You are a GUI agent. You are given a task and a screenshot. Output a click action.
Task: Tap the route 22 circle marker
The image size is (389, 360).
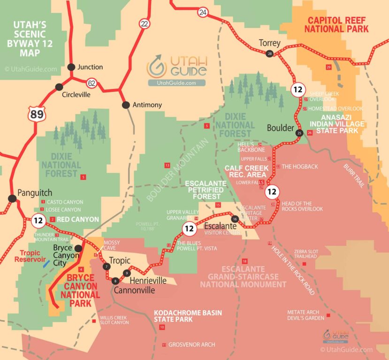tap(144, 23)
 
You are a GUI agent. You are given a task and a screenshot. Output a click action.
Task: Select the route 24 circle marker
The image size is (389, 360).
tap(202, 12)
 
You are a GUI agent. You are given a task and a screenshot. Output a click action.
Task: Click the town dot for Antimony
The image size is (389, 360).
tap(126, 105)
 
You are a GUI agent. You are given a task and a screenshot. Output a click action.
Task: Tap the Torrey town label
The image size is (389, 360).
tap(269, 43)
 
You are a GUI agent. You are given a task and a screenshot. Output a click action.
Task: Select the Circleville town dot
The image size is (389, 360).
tap(59, 87)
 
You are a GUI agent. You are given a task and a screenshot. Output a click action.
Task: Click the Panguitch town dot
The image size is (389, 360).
tap(12, 198)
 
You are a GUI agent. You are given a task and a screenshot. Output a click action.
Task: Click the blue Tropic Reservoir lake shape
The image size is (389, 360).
tap(45, 264)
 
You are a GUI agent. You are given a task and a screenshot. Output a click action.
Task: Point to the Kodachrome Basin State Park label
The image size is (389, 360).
tap(188, 316)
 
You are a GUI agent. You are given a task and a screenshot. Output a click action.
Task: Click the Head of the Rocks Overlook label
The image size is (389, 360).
tap(303, 206)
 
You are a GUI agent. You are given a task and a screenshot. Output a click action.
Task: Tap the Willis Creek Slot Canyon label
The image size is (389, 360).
tap(114, 320)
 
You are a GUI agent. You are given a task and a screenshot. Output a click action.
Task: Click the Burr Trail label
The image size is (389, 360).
tap(354, 176)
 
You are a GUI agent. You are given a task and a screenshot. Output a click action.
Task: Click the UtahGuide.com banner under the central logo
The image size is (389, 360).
tap(176, 83)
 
